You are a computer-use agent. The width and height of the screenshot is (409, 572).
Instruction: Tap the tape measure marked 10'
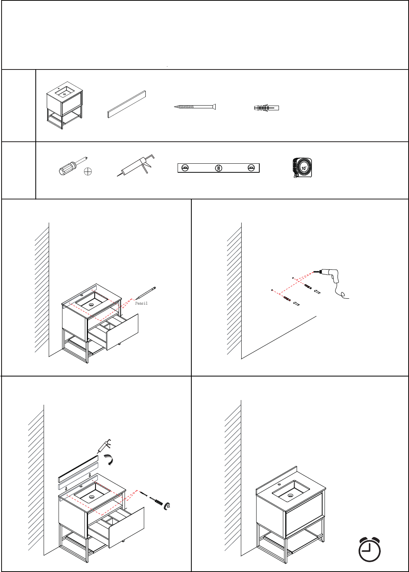pyautogui.click(x=302, y=168)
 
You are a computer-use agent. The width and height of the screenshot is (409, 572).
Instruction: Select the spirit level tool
pyautogui.click(x=218, y=168)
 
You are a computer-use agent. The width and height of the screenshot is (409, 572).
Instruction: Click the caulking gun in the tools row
pyautogui.click(x=136, y=165)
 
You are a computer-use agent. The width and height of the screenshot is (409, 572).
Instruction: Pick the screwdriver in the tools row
pyautogui.click(x=73, y=166)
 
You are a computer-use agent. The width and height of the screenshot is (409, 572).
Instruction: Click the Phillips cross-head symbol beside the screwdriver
pyautogui.click(x=88, y=171)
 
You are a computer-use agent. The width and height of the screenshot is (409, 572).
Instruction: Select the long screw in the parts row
pyautogui.click(x=195, y=107)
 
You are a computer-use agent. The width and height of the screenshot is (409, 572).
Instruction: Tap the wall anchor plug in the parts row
pyautogui.click(x=266, y=108)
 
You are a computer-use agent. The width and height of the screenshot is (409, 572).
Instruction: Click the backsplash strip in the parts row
pyautogui.click(x=127, y=104)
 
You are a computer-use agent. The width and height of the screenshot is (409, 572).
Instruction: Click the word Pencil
pyautogui.click(x=141, y=303)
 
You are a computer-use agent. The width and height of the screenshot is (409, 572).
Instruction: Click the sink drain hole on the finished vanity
pyautogui.click(x=290, y=495)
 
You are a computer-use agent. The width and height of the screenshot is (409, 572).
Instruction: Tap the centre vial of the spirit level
pyautogui.click(x=218, y=168)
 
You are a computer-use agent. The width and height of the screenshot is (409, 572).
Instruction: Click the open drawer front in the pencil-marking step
pyautogui.click(x=123, y=332)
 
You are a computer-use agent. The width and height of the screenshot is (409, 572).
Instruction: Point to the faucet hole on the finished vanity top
pyautogui.click(x=279, y=484)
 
